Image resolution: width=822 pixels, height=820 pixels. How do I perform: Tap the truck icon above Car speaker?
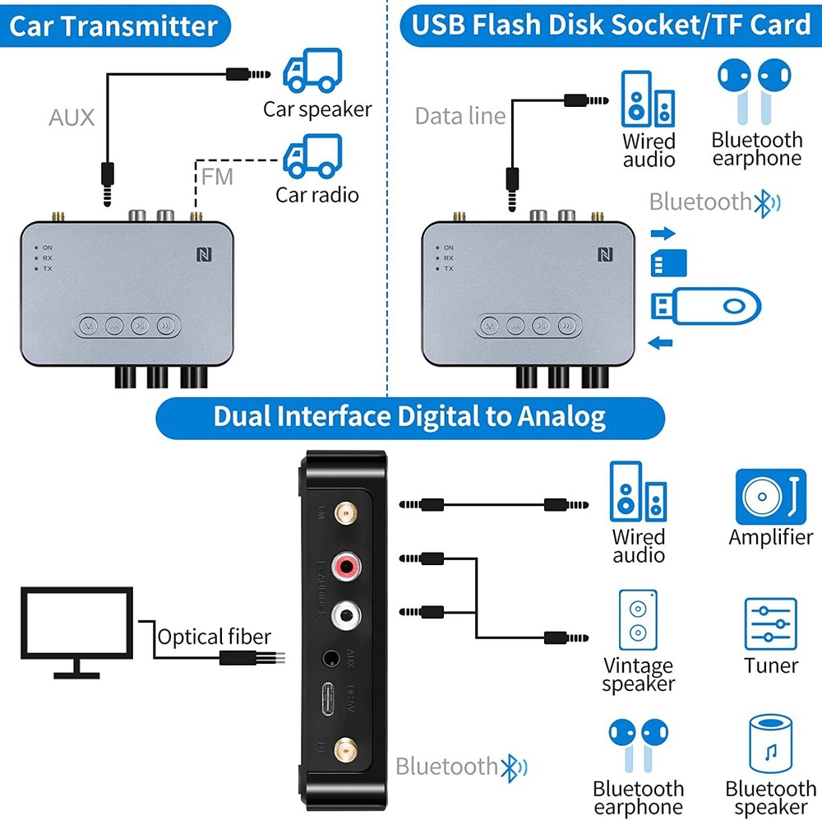coord(312,72)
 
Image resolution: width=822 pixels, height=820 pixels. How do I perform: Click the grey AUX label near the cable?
coord(72,117)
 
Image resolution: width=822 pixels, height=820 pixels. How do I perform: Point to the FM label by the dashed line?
coord(217,176)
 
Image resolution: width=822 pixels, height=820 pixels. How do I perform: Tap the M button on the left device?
coord(88,325)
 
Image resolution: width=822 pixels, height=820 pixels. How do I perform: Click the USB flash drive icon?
coord(705,307)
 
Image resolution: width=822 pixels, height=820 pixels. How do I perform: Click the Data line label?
coord(459,116)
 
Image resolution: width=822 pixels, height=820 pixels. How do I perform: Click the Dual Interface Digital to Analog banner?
coord(409,417)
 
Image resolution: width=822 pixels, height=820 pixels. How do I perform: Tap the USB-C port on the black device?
coord(332,702)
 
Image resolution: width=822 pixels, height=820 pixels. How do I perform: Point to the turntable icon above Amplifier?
coord(769,497)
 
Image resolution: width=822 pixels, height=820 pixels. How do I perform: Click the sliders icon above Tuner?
coord(770,625)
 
